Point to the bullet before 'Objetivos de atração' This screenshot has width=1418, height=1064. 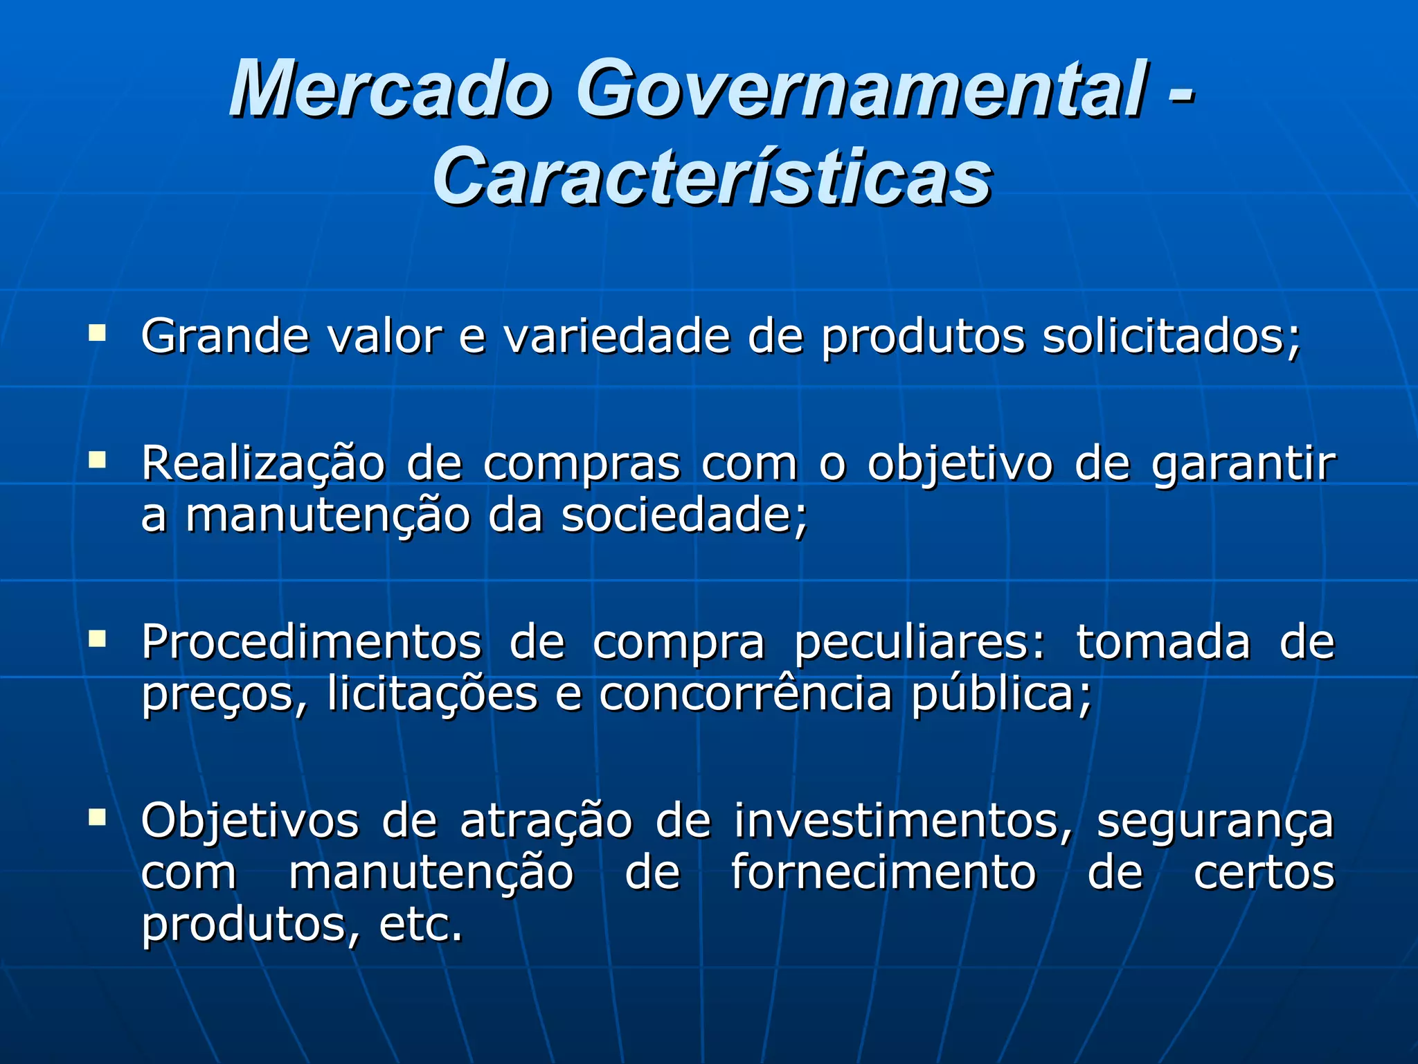pos(98,817)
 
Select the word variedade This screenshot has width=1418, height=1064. pos(617,337)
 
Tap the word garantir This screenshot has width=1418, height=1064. pos(1243,464)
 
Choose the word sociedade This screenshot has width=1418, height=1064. pos(684,516)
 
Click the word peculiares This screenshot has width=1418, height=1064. pos(919,643)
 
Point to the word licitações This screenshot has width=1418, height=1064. pos(432,694)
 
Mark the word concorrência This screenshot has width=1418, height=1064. pos(745,694)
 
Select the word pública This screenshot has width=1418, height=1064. pos(1000,695)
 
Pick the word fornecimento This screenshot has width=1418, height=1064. pos(883,873)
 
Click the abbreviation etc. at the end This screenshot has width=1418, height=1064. pos(420,925)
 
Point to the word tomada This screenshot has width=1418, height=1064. pos(1163,643)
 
